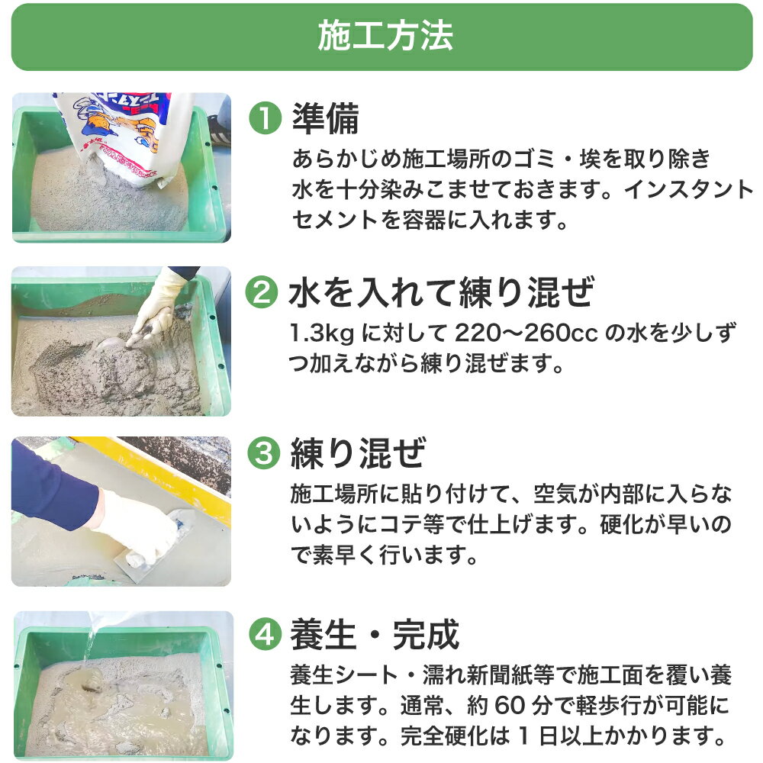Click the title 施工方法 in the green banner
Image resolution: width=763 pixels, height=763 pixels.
click(x=385, y=37)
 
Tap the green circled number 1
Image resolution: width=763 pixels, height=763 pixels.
click(x=266, y=119)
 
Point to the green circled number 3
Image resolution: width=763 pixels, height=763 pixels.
click(x=264, y=452)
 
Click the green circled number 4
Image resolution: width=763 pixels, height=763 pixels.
click(x=266, y=634)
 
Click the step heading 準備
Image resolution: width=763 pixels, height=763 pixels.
click(x=326, y=119)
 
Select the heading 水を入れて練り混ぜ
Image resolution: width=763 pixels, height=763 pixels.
click(x=441, y=292)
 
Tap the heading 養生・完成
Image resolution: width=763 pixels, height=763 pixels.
click(x=375, y=635)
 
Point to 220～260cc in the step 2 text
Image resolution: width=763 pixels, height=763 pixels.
click(x=526, y=333)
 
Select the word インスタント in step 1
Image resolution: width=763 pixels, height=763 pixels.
click(x=688, y=190)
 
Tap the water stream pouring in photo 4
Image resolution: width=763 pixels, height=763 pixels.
click(x=91, y=642)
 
